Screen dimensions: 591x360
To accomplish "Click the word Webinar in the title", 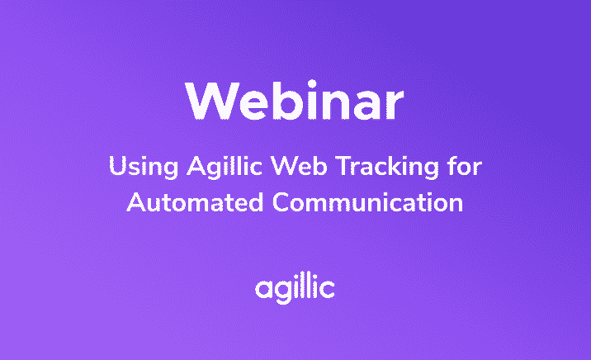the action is (x=295, y=100).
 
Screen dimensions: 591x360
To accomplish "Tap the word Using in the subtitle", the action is (x=144, y=167).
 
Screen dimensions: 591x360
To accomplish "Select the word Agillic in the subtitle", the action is (x=225, y=167).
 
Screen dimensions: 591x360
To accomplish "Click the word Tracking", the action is (x=387, y=167).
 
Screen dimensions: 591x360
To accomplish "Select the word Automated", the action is (x=195, y=202).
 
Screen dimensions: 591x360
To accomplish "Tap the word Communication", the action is (x=367, y=202).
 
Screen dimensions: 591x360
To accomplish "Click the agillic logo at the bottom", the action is (x=295, y=289).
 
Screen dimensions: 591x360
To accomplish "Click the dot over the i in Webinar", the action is (x=312, y=84).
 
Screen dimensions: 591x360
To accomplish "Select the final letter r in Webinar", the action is (x=395, y=105).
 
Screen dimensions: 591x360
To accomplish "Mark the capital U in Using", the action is (x=116, y=166).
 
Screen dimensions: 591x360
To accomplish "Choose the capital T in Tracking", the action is (x=343, y=166).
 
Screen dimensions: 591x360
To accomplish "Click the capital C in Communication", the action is (x=281, y=202).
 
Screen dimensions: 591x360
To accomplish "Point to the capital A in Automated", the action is (x=136, y=202).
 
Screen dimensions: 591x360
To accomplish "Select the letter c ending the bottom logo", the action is (x=327, y=289).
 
